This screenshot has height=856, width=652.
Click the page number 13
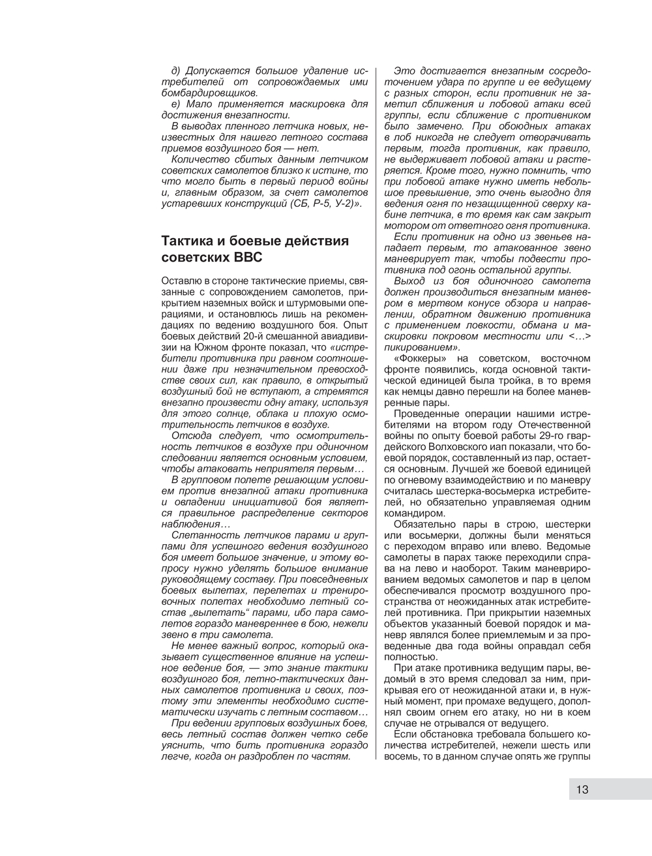tap(582, 789)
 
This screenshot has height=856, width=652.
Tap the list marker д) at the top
tap(178, 70)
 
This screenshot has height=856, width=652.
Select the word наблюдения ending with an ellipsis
tap(192, 524)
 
